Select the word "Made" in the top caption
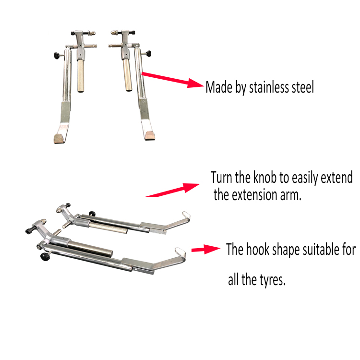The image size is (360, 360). [219, 87]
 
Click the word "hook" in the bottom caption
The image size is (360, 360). [258, 249]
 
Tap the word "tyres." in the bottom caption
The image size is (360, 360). [273, 280]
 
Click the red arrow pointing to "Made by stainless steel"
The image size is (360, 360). [173, 80]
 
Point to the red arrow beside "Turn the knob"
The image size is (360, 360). [173, 190]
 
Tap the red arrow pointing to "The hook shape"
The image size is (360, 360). [206, 249]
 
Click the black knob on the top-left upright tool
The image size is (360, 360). [57, 56]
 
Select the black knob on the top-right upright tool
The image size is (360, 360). [148, 53]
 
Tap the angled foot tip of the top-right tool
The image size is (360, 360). [150, 135]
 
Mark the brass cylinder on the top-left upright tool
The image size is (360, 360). [80, 76]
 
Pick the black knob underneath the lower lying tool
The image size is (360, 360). [45, 257]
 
